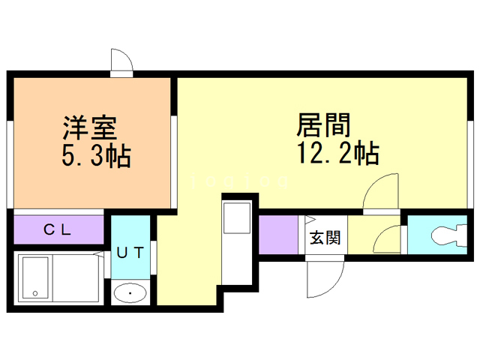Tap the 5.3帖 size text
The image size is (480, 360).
95,156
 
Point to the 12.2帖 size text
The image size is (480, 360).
337,154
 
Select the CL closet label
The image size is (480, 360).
57,229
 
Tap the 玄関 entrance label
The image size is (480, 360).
325,238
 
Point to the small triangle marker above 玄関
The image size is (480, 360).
308,220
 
